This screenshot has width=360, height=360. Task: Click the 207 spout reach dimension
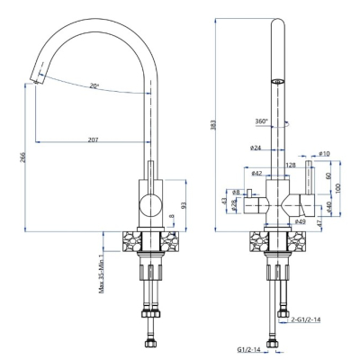click(x=94, y=139)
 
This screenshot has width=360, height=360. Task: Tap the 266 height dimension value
click(x=23, y=157)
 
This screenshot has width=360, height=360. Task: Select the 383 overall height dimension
click(x=213, y=125)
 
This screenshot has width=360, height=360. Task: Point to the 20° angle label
click(x=94, y=85)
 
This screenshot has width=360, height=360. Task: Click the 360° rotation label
click(x=261, y=121)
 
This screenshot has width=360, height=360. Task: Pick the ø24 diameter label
click(x=255, y=148)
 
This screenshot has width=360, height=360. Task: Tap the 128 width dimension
click(x=291, y=165)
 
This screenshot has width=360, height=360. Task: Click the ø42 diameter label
click(x=256, y=173)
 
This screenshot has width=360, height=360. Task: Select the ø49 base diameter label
click(x=300, y=221)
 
